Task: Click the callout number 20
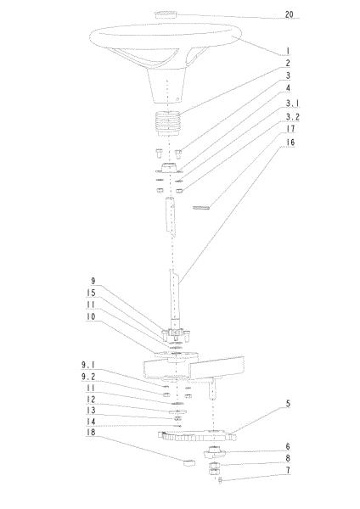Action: (289, 14)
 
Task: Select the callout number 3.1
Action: (292, 103)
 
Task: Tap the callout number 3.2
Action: (292, 117)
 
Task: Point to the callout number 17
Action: (290, 129)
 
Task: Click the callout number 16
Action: (290, 143)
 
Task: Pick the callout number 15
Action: (91, 293)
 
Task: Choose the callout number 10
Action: (91, 316)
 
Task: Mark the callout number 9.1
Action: (88, 365)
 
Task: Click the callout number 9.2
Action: (88, 377)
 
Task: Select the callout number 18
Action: (91, 433)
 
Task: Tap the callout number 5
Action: (288, 404)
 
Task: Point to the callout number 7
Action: (288, 470)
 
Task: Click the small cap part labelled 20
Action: (166, 14)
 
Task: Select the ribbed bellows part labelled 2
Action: (168, 124)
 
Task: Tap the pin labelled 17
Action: (201, 207)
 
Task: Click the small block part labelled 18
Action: (189, 462)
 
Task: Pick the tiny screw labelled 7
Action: (220, 480)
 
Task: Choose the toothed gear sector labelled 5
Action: (197, 436)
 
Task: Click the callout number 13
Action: (91, 411)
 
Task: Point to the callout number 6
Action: (288, 447)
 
